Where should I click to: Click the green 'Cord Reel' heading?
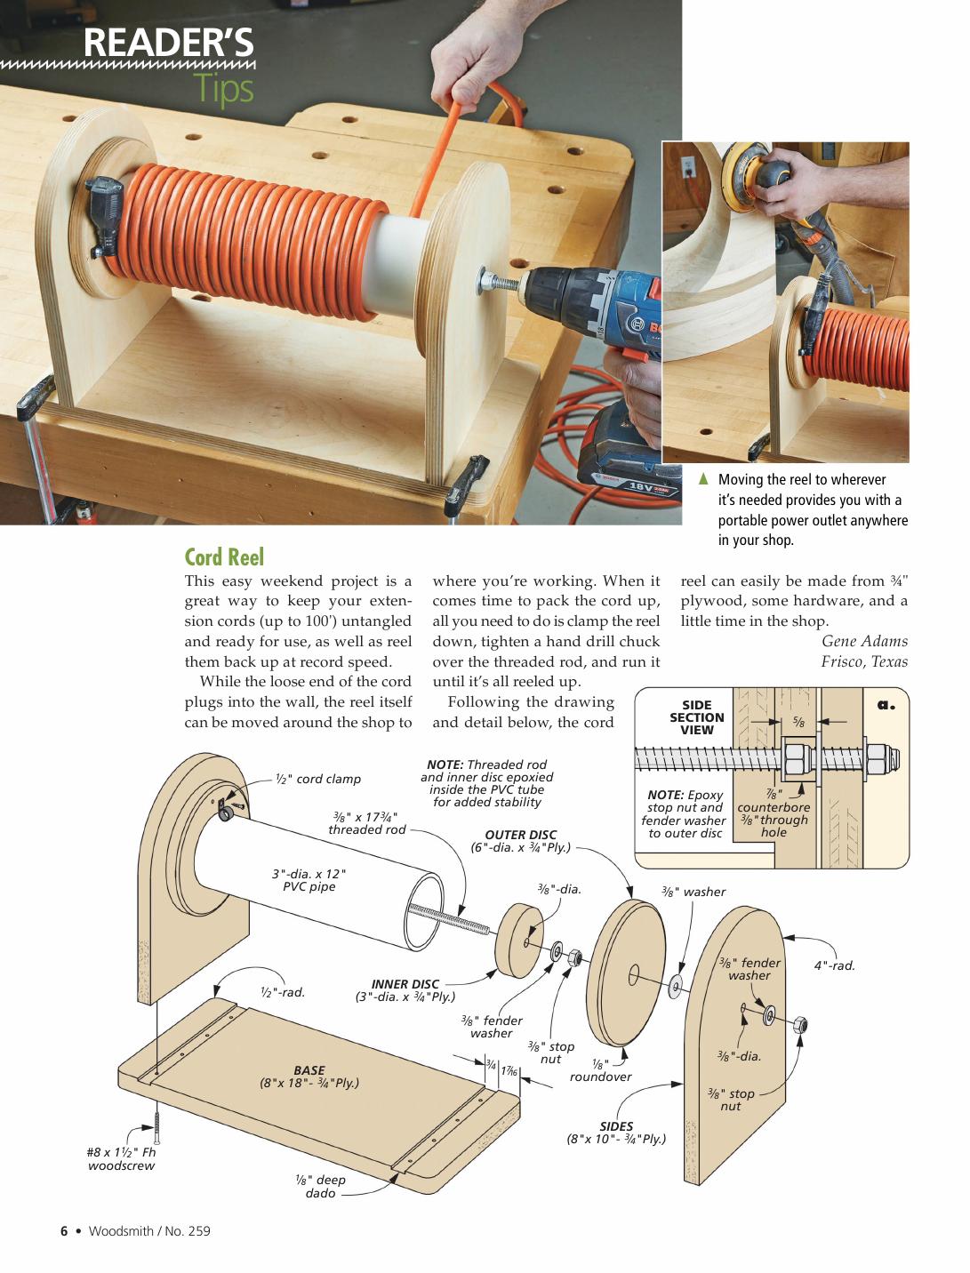tap(224, 557)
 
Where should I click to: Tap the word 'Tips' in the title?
tap(224, 90)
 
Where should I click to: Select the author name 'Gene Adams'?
tap(864, 641)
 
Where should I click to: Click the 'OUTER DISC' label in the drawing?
tap(520, 835)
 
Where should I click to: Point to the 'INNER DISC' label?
tap(405, 984)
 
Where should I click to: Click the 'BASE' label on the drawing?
tap(309, 1070)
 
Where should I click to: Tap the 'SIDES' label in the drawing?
tap(615, 1126)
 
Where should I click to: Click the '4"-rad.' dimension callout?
tap(834, 965)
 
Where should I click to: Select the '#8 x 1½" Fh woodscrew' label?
tap(121, 1158)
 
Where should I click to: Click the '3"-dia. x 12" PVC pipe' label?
tap(309, 880)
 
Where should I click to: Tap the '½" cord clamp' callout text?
tap(318, 779)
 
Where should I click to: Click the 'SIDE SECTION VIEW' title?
tap(696, 717)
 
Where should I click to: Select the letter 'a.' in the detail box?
tap(886, 705)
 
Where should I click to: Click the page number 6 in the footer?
tap(64, 1231)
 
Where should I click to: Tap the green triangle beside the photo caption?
tap(702, 479)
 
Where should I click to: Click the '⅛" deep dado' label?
tap(320, 1186)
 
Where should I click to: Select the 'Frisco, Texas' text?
tap(864, 661)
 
